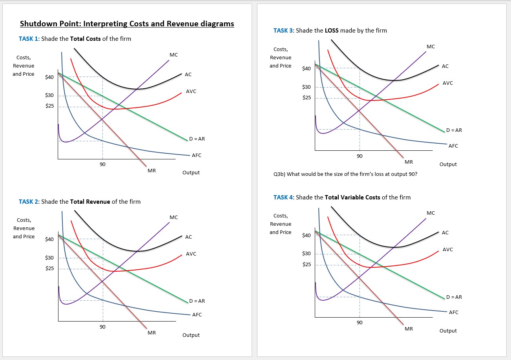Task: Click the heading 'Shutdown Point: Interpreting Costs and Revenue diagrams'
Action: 127,24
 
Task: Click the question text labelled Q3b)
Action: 345,174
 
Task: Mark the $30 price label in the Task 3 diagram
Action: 307,87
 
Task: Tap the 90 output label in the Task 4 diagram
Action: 360,322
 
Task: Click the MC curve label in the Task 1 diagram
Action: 173,55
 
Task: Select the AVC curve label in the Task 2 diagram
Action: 191,254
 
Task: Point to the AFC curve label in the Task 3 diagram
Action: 453,146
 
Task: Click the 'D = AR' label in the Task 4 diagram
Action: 454,297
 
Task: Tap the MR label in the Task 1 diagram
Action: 151,170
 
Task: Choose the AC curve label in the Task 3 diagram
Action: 445,66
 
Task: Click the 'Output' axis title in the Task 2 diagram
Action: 191,335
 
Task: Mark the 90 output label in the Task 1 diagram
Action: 102,164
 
